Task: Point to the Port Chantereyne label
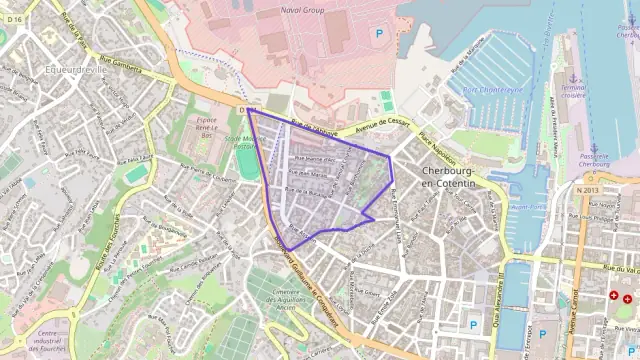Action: (x=492, y=89)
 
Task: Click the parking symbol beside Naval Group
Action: (x=379, y=34)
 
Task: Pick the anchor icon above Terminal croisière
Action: (x=573, y=76)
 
